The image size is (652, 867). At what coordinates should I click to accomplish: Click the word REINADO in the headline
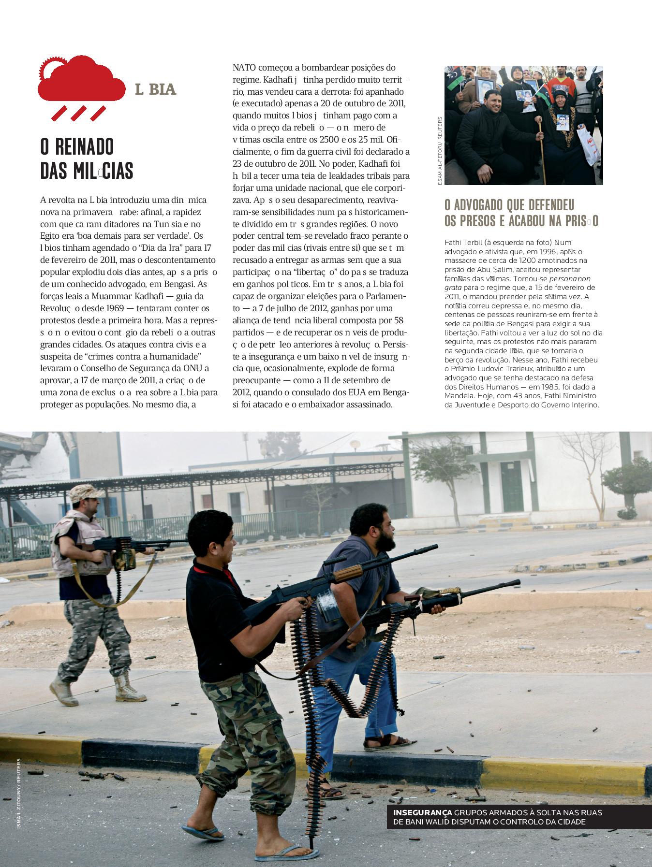[x=77, y=147]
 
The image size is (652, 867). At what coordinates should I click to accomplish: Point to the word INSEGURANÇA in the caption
[x=423, y=812]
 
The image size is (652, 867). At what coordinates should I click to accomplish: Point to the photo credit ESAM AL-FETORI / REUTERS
[x=440, y=150]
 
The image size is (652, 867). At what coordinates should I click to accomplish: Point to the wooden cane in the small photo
[x=542, y=150]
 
